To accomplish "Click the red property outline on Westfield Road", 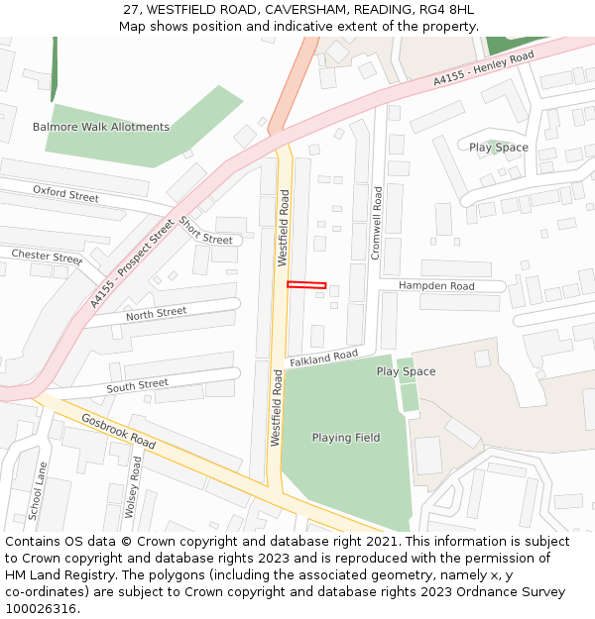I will (306, 285).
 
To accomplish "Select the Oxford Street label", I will (65, 193).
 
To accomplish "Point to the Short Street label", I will (205, 232).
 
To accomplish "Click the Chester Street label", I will (47, 257).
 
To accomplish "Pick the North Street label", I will (156, 313).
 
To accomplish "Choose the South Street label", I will (138, 385).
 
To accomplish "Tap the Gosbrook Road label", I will (118, 431).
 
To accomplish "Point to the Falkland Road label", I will (323, 358).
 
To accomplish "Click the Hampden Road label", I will (436, 286).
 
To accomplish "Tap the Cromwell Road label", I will (376, 223).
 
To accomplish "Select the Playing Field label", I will (346, 438).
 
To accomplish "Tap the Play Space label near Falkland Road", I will (406, 371).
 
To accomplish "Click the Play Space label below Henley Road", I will (499, 148).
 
